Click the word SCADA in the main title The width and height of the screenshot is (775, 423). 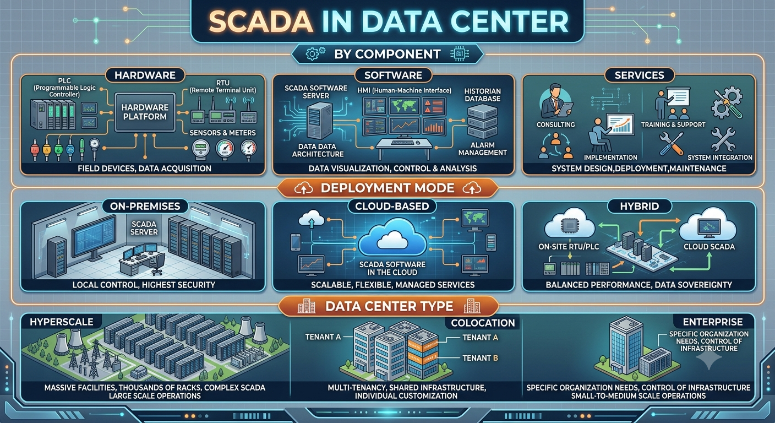point(261,21)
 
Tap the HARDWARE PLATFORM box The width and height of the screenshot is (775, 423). point(145,112)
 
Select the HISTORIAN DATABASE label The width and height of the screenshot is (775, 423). point(482,95)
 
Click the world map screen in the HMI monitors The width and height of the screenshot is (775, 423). point(404,106)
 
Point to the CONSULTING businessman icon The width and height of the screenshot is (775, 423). point(555,101)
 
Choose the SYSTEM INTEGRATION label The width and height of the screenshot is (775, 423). point(719,158)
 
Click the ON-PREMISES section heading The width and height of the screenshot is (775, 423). point(145,207)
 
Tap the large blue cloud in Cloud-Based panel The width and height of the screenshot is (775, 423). point(392,238)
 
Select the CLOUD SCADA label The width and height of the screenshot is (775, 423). point(709,247)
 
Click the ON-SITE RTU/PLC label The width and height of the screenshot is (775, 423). point(569,247)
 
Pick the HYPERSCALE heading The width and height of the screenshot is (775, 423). point(62,322)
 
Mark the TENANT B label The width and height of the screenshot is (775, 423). point(480,358)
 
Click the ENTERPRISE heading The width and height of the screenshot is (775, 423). point(713,322)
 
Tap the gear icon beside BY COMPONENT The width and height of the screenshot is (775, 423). point(315,54)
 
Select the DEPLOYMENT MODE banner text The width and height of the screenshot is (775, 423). point(387,188)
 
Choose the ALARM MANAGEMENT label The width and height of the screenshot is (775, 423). point(482,149)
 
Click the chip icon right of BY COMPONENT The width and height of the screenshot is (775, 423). point(460,54)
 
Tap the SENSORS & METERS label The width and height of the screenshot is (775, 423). point(222,133)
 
